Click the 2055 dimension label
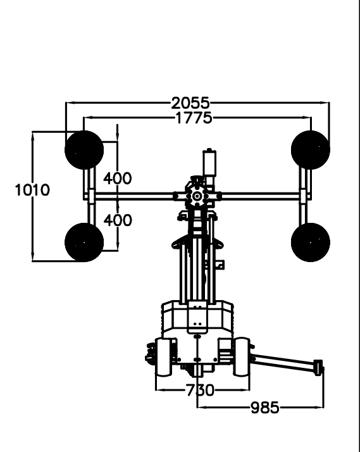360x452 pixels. point(190,103)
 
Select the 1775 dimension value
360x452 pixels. point(194,118)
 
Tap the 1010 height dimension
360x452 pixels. point(32,191)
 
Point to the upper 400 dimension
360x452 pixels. point(118,179)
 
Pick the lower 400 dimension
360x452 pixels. point(118,220)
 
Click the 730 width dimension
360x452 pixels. point(200,391)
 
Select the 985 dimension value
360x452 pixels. point(265,408)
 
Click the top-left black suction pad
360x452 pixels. point(84,150)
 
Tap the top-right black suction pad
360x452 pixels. point(311,150)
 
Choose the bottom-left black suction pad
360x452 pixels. point(84,242)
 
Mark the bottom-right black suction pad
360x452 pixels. point(311,242)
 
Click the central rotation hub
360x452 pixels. point(197,196)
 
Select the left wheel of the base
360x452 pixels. point(164,358)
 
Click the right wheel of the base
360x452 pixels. point(241,357)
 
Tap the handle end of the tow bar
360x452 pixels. point(318,368)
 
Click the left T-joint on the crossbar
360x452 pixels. point(91,196)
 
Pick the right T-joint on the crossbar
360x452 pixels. point(304,196)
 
